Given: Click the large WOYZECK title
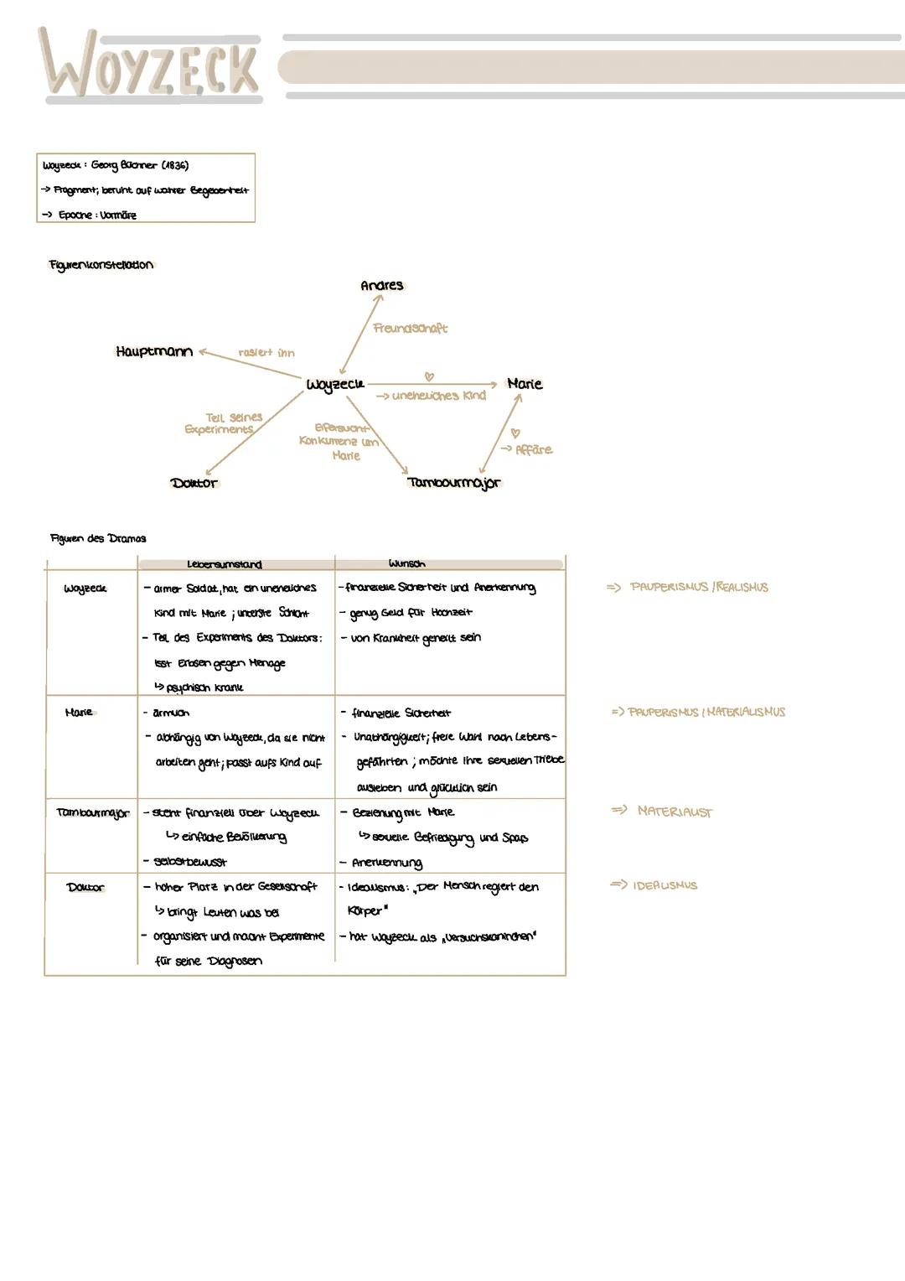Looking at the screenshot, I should pyautogui.click(x=151, y=65).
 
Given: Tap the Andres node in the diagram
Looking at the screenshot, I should pyautogui.click(x=381, y=285).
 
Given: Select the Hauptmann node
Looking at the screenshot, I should pyautogui.click(x=154, y=351).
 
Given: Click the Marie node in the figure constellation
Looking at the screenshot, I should pyautogui.click(x=525, y=383).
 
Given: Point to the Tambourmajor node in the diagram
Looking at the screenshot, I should pyautogui.click(x=453, y=482).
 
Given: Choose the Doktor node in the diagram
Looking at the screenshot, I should pyautogui.click(x=194, y=483).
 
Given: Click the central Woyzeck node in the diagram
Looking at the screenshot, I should pyautogui.click(x=335, y=384).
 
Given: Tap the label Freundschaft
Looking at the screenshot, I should pyautogui.click(x=410, y=328).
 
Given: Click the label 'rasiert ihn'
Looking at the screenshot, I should pyautogui.click(x=266, y=353).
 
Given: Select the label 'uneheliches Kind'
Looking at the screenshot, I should pyautogui.click(x=438, y=396).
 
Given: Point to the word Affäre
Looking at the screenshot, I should pyautogui.click(x=534, y=449).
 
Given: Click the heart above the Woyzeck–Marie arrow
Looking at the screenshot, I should pyautogui.click(x=429, y=376).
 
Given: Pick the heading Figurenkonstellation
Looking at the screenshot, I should pyautogui.click(x=101, y=265).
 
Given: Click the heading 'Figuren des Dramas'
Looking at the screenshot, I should pyautogui.click(x=98, y=538).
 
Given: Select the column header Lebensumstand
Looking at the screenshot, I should pyautogui.click(x=224, y=564).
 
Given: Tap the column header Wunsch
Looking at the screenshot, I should pyautogui.click(x=406, y=564).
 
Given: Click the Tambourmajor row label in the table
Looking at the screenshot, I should pyautogui.click(x=92, y=812).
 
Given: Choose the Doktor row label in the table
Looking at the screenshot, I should pyautogui.click(x=85, y=887).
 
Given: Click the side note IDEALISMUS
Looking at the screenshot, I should pyautogui.click(x=665, y=885).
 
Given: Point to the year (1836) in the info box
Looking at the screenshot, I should pyautogui.click(x=174, y=165).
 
